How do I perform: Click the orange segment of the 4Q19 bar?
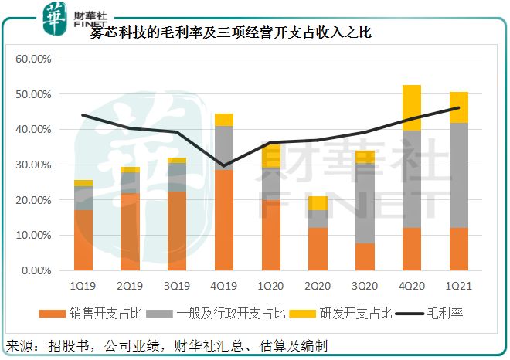point(223,220)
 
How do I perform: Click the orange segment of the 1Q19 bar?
point(83,240)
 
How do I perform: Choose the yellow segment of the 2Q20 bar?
point(318,203)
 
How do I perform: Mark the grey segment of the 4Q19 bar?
point(223,148)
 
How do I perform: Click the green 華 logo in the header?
point(52,16)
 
